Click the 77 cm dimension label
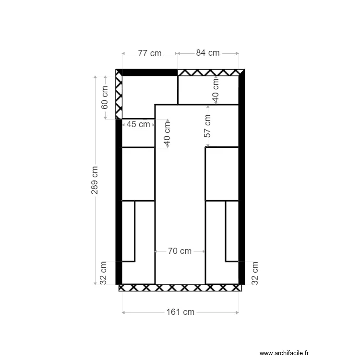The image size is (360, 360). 150,53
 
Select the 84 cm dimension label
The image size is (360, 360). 208,53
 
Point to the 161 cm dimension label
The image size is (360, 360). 180,312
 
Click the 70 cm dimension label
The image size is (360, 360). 180,251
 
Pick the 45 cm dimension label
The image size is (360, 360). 138,125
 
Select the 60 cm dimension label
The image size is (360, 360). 105,97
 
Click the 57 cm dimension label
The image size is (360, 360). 207,126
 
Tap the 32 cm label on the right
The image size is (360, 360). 254,274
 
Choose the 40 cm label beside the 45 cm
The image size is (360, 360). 167,134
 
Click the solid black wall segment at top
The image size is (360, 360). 150,72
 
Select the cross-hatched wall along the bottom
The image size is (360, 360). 180,288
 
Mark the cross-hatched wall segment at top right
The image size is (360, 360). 209,72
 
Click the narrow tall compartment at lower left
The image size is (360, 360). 128,231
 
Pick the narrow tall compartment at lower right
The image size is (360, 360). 232,231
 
